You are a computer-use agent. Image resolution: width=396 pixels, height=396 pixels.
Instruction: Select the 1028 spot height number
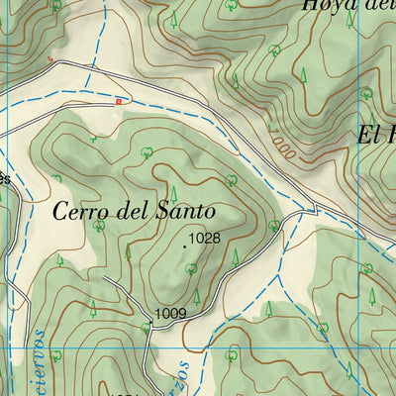[x=203, y=238]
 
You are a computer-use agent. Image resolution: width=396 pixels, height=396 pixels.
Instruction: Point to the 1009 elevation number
[x=170, y=314]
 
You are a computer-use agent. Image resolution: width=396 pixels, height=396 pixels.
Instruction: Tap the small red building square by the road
[x=118, y=100]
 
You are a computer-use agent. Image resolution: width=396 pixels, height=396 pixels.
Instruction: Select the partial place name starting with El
[x=375, y=134]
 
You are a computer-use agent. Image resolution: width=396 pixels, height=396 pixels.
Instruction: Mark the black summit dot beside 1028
[x=184, y=247]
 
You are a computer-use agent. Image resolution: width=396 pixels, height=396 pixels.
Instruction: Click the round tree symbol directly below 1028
[x=191, y=268]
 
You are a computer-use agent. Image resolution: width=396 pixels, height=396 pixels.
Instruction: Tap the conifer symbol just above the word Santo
[x=174, y=192]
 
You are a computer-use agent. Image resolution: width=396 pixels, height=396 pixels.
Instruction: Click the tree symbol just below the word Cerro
[x=98, y=226]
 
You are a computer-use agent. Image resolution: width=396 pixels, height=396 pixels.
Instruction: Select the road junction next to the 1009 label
[x=150, y=323]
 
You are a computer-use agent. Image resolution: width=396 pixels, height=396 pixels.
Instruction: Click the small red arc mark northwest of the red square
[x=50, y=58]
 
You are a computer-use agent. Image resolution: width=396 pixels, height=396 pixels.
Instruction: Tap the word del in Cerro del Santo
[x=133, y=210]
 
